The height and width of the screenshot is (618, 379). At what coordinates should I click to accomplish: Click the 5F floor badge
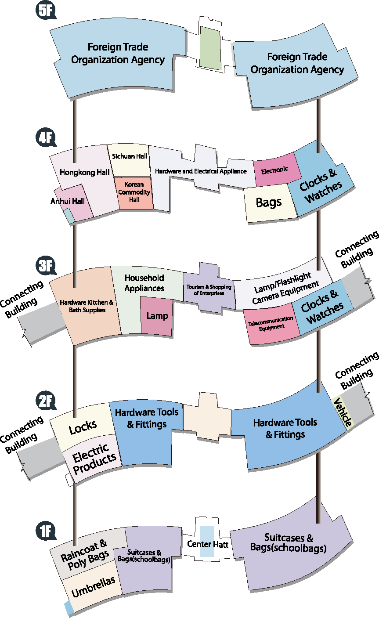pyautogui.click(x=45, y=11)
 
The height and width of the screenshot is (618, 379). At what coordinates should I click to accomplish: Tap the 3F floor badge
pyautogui.click(x=45, y=266)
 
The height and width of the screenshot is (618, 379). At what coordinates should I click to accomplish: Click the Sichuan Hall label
pyautogui.click(x=129, y=156)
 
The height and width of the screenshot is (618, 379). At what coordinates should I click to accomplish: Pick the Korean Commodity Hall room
pyautogui.click(x=134, y=192)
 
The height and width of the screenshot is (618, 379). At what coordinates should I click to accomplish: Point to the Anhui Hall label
pyautogui.click(x=67, y=201)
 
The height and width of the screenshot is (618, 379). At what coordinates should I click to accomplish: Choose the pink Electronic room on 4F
pyautogui.click(x=275, y=170)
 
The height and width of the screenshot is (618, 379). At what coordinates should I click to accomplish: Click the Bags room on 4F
pyautogui.click(x=268, y=202)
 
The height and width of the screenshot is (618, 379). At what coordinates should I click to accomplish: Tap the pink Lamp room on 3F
pyautogui.click(x=157, y=316)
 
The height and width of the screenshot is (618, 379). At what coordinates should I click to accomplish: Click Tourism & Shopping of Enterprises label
pyautogui.click(x=209, y=290)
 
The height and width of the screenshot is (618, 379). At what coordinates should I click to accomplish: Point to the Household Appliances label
pyautogui.click(x=144, y=283)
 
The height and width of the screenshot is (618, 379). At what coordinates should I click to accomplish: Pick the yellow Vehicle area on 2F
pyautogui.click(x=343, y=412)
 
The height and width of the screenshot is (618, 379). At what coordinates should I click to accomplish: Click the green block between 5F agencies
pyautogui.click(x=210, y=47)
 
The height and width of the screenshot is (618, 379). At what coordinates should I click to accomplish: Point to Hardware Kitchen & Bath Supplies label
pyautogui.click(x=87, y=306)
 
